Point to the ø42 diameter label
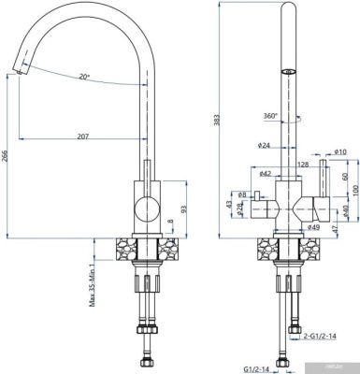click(265, 174)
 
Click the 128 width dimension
click(303, 165)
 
